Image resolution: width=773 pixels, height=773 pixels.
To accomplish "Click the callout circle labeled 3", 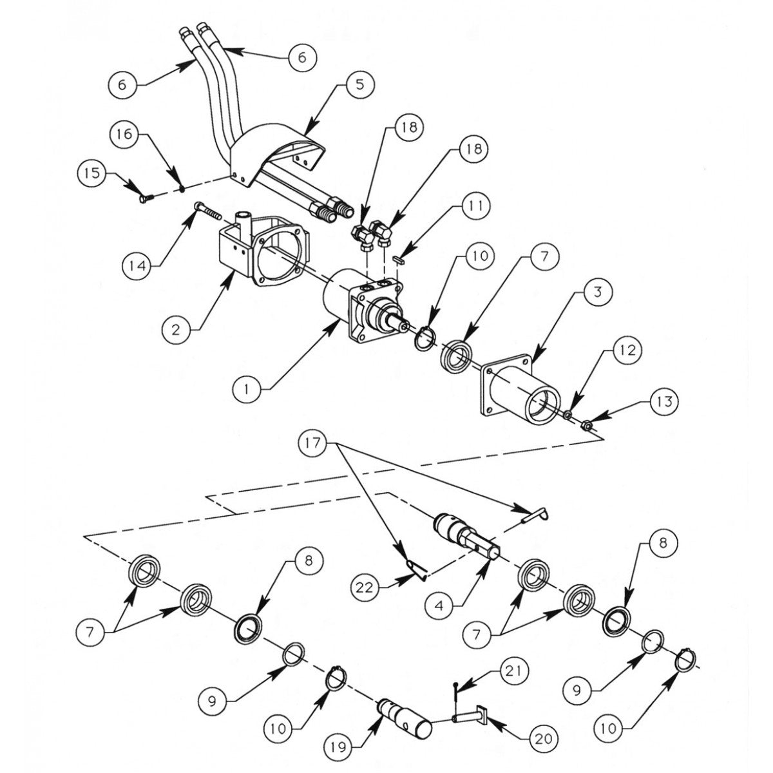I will [597, 292].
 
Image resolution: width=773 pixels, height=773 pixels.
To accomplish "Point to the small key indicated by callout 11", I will [398, 260].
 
